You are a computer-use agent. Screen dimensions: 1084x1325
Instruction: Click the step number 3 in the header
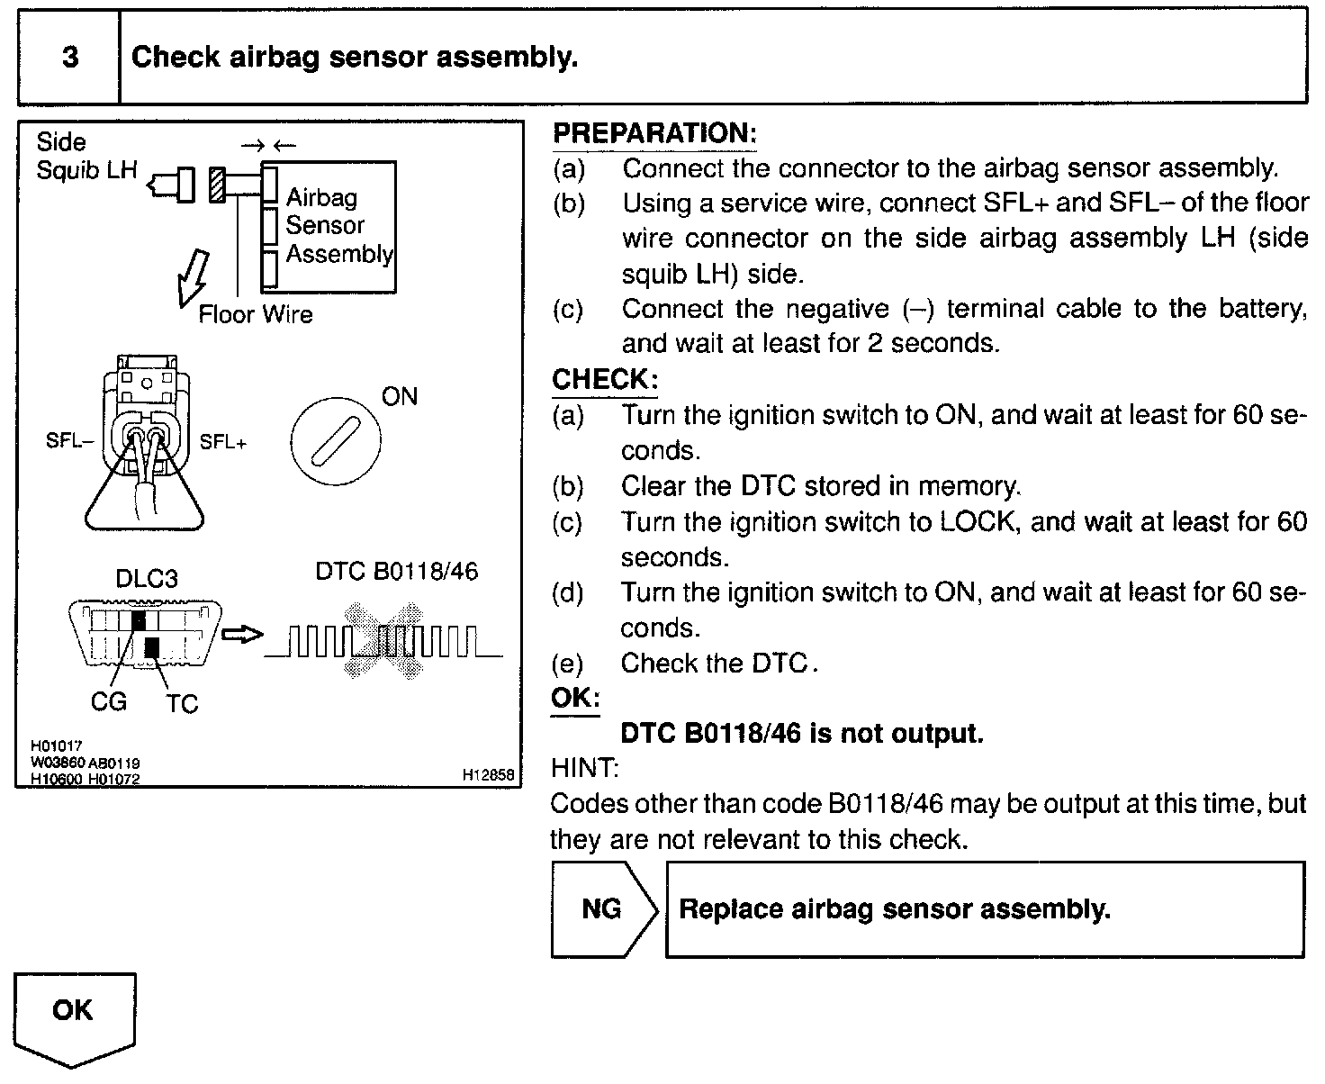click(69, 58)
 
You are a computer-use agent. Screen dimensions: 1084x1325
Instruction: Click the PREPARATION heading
click(654, 133)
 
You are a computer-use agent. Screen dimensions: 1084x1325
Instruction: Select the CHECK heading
click(604, 379)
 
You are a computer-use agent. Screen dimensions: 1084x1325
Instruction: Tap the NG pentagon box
click(602, 909)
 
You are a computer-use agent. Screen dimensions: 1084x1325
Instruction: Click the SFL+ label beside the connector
click(223, 442)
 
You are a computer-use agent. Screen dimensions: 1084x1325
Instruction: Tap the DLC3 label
click(147, 579)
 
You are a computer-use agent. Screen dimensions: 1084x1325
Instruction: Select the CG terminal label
click(109, 701)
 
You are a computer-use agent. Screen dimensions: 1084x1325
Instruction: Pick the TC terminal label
click(181, 703)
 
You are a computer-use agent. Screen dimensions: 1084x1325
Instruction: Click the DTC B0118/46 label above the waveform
click(397, 572)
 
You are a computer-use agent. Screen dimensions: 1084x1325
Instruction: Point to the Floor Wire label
click(256, 314)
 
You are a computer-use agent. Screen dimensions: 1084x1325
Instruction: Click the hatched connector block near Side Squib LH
click(217, 185)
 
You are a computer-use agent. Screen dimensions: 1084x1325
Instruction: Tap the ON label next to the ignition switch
click(400, 397)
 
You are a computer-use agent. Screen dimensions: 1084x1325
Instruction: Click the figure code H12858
click(488, 774)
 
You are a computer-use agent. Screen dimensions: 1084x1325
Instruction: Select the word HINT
click(584, 768)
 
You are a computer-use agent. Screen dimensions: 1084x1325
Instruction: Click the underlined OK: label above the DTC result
click(575, 698)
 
